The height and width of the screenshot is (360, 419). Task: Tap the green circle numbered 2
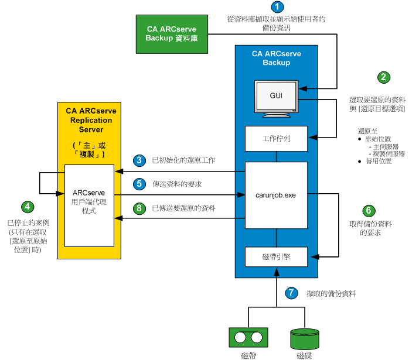pyautogui.click(x=384, y=77)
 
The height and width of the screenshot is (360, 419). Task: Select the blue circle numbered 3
pyautogui.click(x=139, y=160)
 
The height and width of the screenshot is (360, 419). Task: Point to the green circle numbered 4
pyautogui.click(x=28, y=206)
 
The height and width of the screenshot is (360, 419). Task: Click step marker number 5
pyautogui.click(x=139, y=184)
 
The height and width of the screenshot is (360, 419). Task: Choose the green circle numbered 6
pyautogui.click(x=367, y=210)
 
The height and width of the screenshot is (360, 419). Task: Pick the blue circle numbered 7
pyautogui.click(x=291, y=293)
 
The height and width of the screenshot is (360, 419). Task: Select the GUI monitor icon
pyautogui.click(x=276, y=97)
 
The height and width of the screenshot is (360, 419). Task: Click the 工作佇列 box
pyautogui.click(x=276, y=139)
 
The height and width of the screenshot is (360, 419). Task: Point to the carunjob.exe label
pyautogui.click(x=276, y=194)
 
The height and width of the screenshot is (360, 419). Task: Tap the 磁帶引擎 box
pyautogui.click(x=276, y=255)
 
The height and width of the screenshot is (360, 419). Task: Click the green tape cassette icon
pyautogui.click(x=247, y=337)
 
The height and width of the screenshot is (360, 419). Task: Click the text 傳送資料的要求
pyautogui.click(x=177, y=184)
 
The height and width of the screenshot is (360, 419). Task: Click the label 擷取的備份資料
pyautogui.click(x=331, y=293)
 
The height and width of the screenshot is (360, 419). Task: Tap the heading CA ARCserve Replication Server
pyautogui.click(x=90, y=121)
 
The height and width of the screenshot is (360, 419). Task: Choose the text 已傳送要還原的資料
pyautogui.click(x=183, y=208)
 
